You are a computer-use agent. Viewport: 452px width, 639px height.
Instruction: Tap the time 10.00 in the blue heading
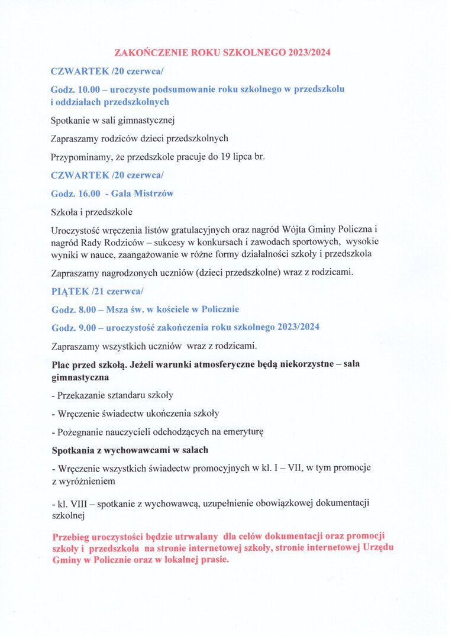pos(86,89)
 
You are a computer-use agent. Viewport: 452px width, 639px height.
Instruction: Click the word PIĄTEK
pos(68,291)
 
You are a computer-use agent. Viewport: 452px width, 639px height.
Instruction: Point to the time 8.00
pos(84,309)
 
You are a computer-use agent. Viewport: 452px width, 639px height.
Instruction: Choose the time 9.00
pos(84,327)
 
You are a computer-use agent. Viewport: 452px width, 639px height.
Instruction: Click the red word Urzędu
pos(379,548)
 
